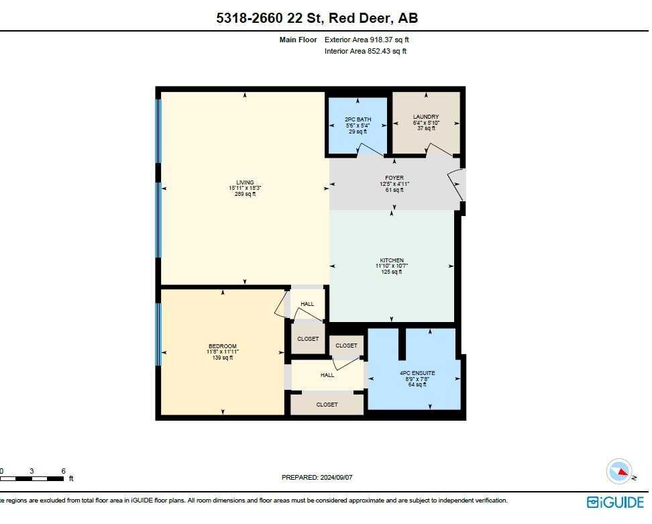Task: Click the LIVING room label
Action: (240, 182)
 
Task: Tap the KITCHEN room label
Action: (391, 260)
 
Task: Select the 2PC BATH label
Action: (358, 119)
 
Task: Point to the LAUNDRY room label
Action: (426, 117)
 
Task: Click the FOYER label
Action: (394, 178)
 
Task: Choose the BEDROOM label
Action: (222, 346)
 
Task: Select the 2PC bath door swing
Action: (370, 150)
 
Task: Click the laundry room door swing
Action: (439, 150)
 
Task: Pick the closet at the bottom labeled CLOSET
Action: (327, 405)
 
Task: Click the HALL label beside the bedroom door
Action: (307, 304)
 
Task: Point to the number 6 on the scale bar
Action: (63, 470)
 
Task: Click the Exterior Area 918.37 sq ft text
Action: (366, 40)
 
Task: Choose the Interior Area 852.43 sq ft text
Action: (366, 51)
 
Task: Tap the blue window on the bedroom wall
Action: (159, 334)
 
